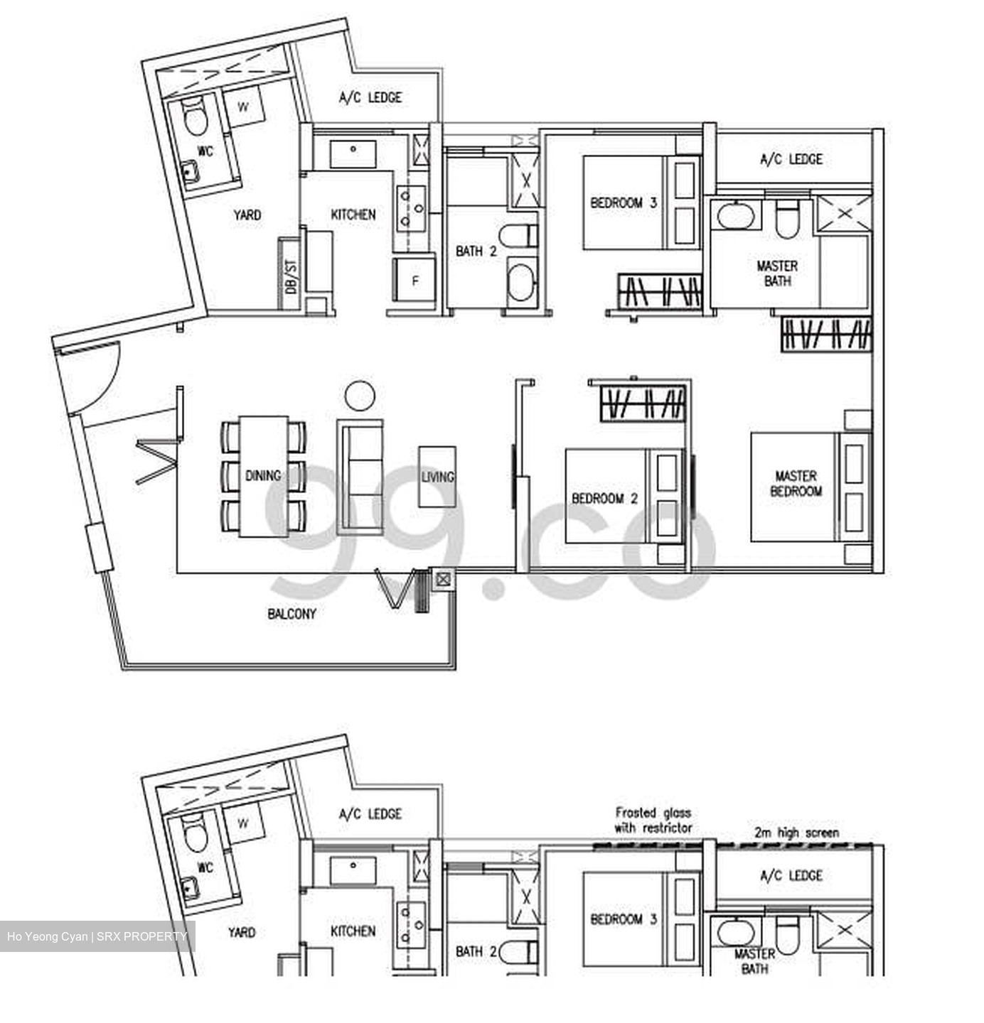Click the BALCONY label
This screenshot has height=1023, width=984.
[292, 613]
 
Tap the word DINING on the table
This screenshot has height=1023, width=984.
[263, 475]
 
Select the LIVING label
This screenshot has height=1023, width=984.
[437, 477]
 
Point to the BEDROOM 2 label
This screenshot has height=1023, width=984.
[604, 498]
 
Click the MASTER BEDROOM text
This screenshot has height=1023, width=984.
[796, 483]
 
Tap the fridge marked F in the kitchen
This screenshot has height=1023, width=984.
[415, 281]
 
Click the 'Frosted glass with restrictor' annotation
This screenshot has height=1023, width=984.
[653, 820]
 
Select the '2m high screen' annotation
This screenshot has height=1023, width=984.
[796, 832]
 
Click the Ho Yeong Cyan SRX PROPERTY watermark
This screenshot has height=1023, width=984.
[97, 936]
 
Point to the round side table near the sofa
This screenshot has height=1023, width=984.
[360, 395]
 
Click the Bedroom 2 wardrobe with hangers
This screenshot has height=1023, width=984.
[643, 404]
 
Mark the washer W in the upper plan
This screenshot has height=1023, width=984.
[243, 107]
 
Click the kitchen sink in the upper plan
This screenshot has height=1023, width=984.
[353, 153]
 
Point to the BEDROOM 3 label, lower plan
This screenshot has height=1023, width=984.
[623, 919]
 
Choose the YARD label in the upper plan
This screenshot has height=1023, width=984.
[247, 214]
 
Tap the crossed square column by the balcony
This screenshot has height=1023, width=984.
[443, 579]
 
